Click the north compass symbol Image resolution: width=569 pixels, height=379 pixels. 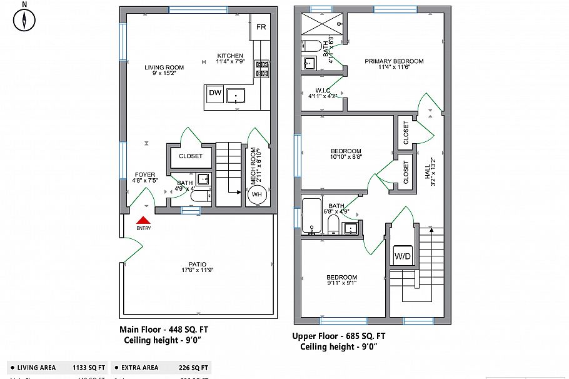click(24, 20)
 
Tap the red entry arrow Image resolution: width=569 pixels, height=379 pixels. click(143, 220)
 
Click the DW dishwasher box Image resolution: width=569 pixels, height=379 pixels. click(214, 93)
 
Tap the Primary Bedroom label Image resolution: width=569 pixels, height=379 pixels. click(394, 61)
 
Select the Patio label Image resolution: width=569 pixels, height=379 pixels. click(197, 265)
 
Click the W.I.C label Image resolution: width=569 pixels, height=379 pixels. click(323, 91)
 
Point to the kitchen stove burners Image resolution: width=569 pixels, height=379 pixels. click(262, 69)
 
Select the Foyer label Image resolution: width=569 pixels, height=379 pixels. click(144, 175)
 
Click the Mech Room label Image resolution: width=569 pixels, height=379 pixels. click(254, 165)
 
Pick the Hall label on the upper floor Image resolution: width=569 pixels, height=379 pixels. click(430, 169)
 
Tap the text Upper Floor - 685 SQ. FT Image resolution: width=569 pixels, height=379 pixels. click(339, 336)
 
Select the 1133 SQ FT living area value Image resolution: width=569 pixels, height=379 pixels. click(89, 368)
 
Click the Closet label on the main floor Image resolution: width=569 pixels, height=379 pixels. click(191, 156)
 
